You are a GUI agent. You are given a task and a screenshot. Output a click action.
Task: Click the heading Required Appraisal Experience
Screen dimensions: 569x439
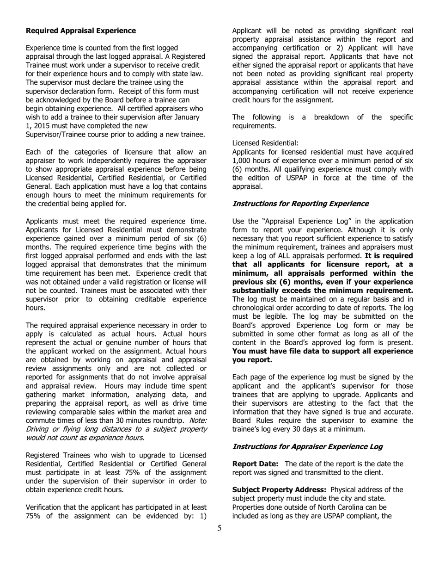pyautogui.click(x=81, y=31)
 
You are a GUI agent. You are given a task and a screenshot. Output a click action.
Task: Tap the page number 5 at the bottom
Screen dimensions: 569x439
pyautogui.click(x=219, y=529)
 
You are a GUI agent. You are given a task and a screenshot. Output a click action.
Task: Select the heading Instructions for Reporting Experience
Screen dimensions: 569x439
pyautogui.click(x=300, y=204)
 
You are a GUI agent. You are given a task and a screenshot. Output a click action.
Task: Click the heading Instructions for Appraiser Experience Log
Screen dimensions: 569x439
pyautogui.click(x=307, y=446)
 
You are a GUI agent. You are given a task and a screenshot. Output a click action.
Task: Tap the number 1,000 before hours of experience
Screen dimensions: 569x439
pyautogui.click(x=243, y=161)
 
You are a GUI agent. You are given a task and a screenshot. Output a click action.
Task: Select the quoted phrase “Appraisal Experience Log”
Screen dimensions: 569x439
pyautogui.click(x=299, y=221)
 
